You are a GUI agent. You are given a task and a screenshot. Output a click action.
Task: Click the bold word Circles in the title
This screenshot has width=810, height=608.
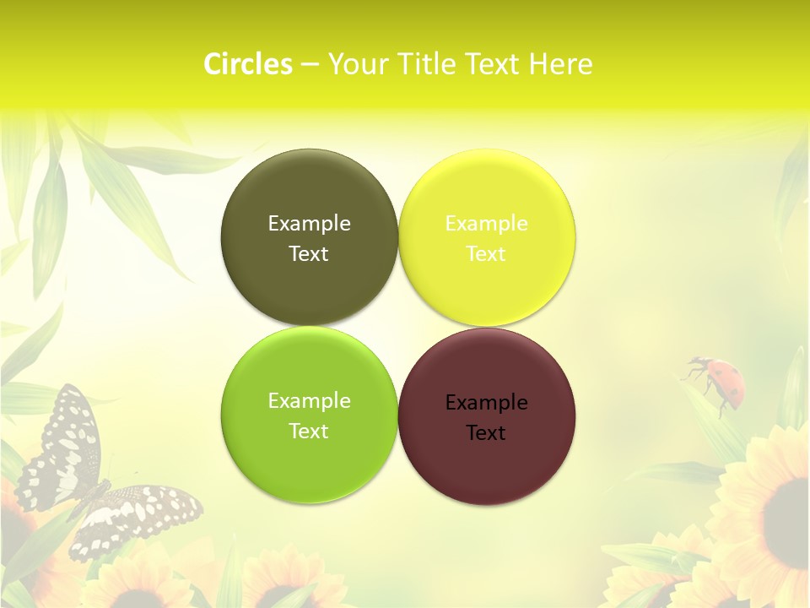pos(248,64)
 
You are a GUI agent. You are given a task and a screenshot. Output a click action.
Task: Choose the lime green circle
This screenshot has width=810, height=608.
pos(309,464)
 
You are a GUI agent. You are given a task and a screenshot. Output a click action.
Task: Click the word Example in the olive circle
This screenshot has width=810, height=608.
pos(309,223)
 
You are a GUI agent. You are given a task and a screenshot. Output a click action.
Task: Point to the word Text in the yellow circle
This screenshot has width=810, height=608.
pos(486,253)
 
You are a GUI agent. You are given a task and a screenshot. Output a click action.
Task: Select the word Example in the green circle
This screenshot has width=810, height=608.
pos(309,400)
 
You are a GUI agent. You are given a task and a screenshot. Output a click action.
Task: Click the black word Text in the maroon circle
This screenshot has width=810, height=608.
pos(486,432)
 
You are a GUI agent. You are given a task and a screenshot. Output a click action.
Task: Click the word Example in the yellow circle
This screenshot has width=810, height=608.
pos(486,223)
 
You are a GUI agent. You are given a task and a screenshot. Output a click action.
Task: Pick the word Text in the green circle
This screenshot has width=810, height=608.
pos(309,431)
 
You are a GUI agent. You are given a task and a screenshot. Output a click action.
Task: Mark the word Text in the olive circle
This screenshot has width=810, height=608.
pos(309,253)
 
